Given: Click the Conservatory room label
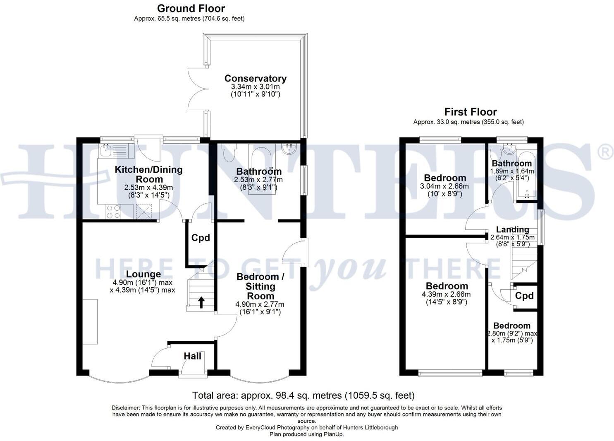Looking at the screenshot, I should coord(255,78).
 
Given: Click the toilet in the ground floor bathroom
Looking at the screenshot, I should coord(228,152).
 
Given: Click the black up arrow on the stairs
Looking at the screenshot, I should coord(201,302).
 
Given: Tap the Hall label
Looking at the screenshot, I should coord(192,356).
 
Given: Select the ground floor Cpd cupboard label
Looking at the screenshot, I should coord(200,238).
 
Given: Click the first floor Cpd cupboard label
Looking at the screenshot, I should coord(524,296).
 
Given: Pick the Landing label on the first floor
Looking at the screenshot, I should coord(512,229).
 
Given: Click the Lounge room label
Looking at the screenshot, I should coord(143,274).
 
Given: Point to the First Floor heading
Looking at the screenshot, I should coord(470,112).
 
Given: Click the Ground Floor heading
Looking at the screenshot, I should coord(191,8).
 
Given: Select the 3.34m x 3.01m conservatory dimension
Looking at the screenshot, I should coord(255,87).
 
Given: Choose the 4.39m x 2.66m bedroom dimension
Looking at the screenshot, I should coord(447,294).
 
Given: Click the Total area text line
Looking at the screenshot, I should coord(303,395).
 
